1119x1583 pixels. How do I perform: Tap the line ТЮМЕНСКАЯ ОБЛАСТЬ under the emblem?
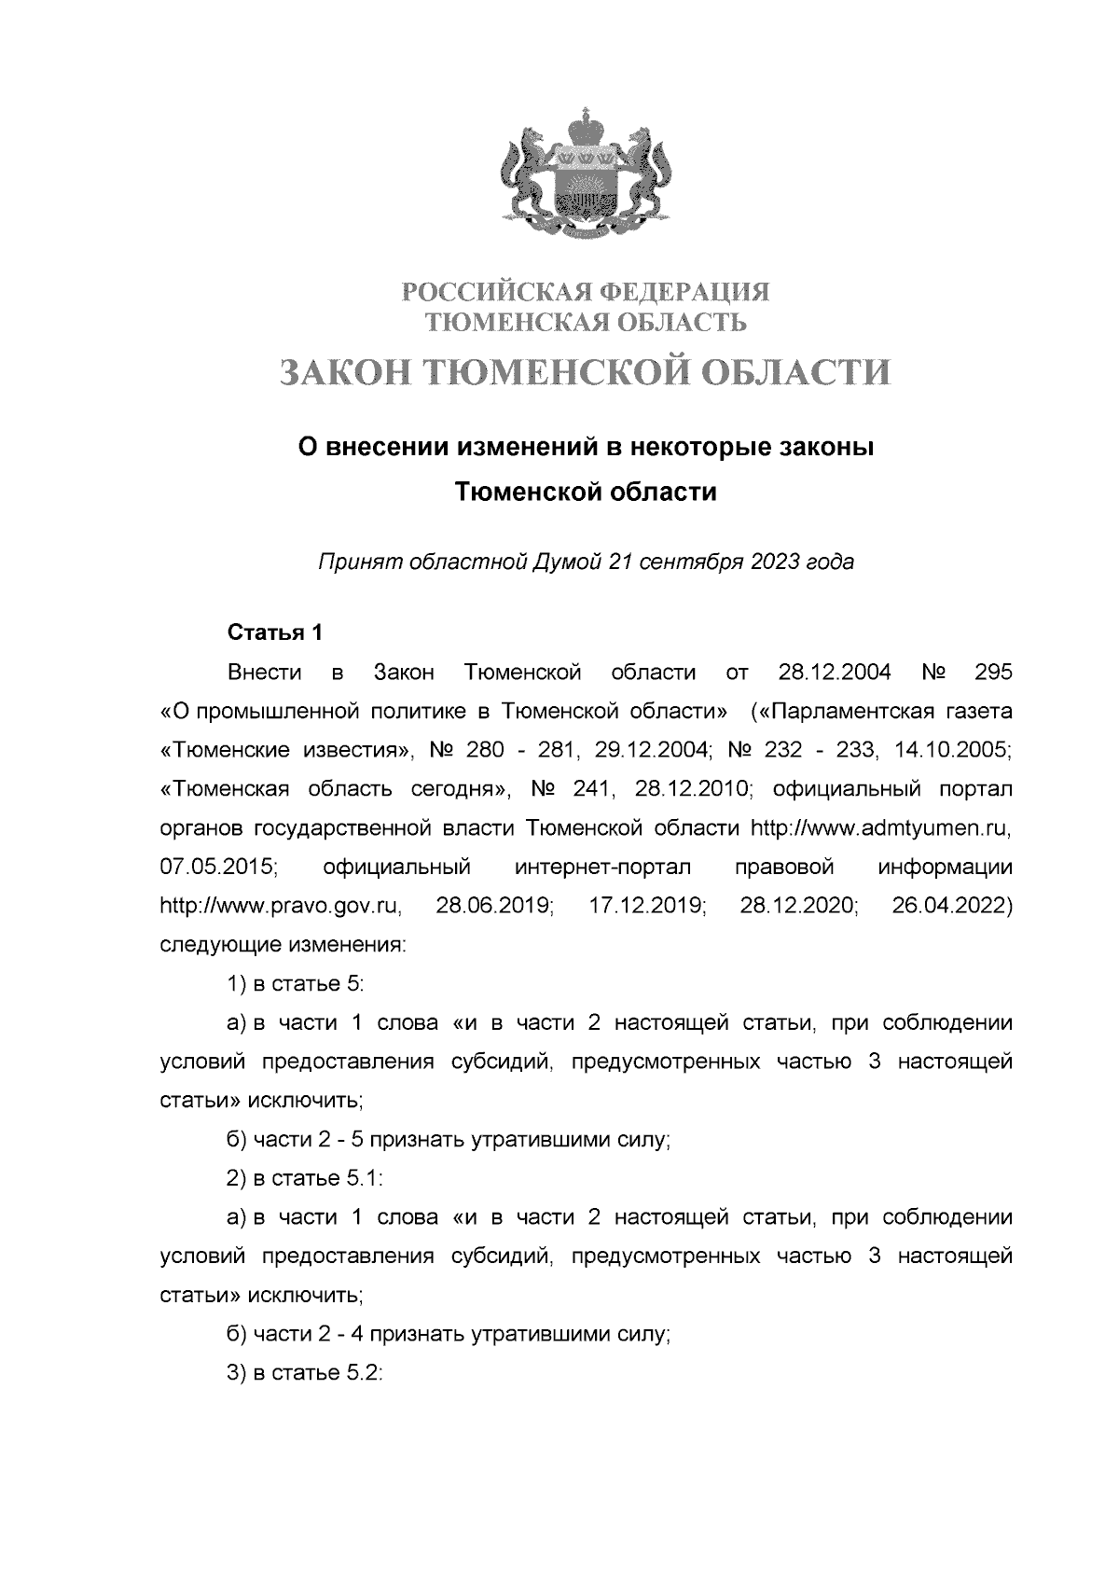point(586,323)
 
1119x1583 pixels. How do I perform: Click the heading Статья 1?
point(275,632)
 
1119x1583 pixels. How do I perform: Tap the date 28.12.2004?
point(834,672)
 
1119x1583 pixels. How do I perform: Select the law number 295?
point(992,672)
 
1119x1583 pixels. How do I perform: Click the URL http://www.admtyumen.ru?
point(880,827)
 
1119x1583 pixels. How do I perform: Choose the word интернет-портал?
point(602,867)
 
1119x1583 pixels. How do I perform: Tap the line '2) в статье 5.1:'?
point(305,1177)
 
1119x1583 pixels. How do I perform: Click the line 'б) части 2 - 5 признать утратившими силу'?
point(449,1139)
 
